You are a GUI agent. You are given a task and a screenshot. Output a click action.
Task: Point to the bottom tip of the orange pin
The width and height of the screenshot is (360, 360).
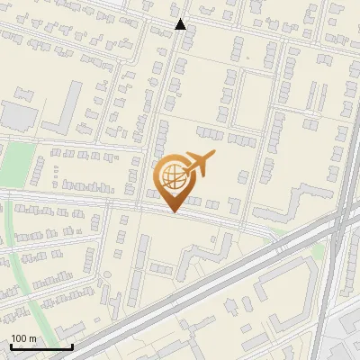[x=173, y=211]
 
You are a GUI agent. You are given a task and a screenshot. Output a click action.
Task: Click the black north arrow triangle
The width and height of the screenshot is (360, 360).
[x=181, y=24]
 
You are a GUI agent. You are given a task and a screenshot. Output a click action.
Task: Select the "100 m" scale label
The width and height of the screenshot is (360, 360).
[x=24, y=338]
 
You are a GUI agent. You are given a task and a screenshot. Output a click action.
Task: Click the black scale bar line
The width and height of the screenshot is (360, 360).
[x=41, y=346]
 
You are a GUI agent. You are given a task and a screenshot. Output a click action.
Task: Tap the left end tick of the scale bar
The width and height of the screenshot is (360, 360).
[x=11, y=345]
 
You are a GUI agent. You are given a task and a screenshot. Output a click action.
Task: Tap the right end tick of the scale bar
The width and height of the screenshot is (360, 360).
[x=72, y=345]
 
